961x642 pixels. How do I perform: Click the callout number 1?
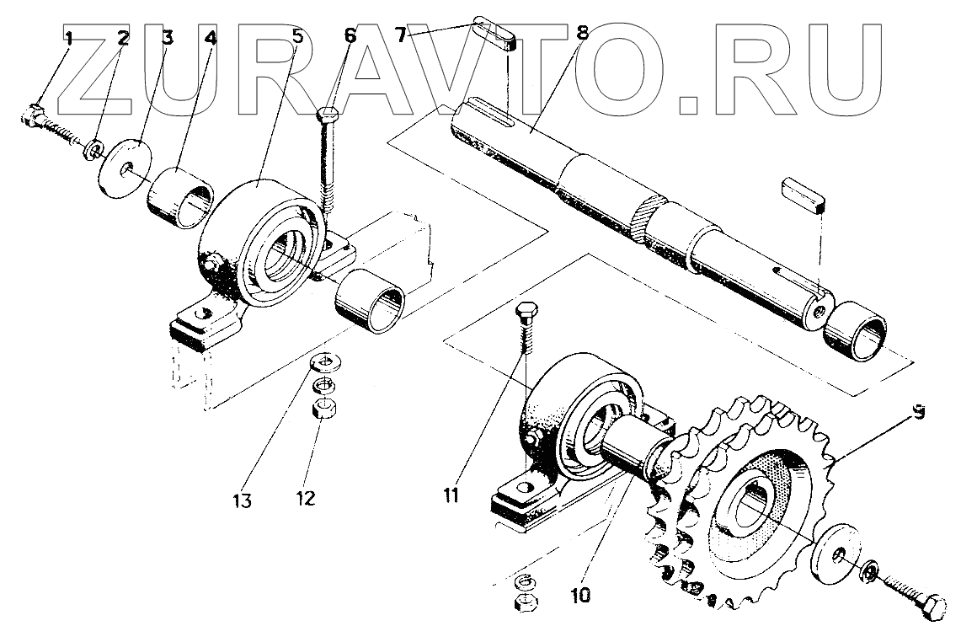[70, 37]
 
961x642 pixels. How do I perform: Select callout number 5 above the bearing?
[297, 36]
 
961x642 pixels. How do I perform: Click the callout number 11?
[451, 495]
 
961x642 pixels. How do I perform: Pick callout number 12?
[305, 498]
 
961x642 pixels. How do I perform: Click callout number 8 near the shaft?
[580, 35]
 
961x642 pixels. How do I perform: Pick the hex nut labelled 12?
[320, 410]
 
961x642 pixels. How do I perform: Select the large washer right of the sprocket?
[835, 554]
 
